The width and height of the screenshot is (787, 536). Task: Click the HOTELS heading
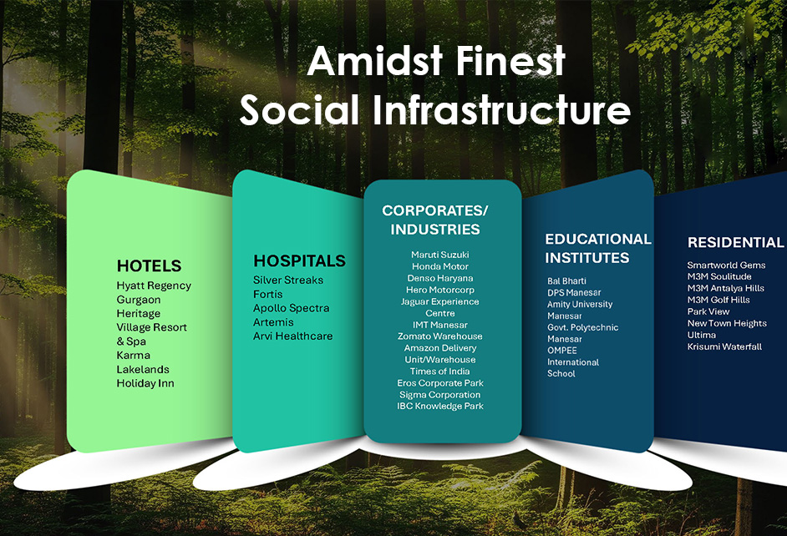149,265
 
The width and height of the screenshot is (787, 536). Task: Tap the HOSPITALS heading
300,260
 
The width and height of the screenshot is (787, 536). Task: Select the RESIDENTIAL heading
735,243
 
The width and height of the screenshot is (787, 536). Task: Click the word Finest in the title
511,61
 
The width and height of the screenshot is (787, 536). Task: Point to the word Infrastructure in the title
501,110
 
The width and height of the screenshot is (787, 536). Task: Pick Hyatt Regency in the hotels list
154,286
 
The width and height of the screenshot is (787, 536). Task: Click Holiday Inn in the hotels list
145,383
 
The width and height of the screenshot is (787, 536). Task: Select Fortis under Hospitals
267,295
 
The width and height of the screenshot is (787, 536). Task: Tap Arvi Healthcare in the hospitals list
292,336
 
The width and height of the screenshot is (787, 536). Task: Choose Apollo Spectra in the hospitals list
291,308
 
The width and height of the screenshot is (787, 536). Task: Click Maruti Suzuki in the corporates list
440,255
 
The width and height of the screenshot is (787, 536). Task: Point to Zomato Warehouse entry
440,336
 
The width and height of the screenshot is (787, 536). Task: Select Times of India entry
440,372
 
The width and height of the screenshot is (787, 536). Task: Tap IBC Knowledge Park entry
440,406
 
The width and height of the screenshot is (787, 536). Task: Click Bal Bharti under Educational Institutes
566,281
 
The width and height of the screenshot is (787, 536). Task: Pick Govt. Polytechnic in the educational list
582,327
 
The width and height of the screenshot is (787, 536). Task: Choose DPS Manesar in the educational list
574,293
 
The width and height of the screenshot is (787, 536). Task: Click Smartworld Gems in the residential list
726,265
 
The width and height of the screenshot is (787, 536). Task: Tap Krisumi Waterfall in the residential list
724,346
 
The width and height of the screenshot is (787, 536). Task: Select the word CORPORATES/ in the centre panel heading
435,210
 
